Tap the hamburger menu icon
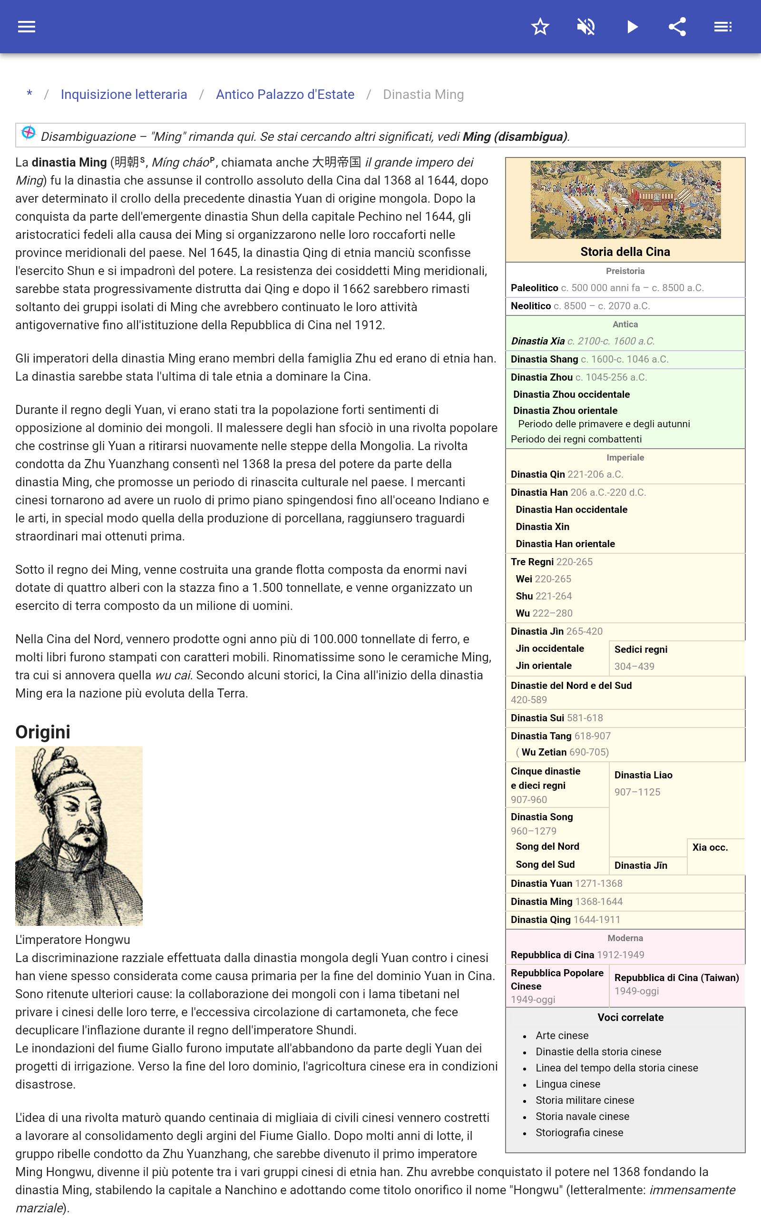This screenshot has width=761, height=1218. tap(27, 27)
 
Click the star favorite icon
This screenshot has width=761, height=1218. tap(540, 27)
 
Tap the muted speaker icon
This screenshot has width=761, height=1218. tap(586, 27)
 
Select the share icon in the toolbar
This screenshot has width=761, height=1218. tap(677, 27)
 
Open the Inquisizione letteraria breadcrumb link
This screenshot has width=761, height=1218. tap(124, 95)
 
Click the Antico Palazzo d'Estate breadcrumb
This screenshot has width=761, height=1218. tap(285, 95)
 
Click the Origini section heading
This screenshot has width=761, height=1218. tap(43, 732)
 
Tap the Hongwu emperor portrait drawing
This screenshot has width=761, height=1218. tap(79, 835)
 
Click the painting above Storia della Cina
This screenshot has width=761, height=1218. tap(625, 200)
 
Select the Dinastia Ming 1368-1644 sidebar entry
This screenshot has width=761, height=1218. tap(542, 902)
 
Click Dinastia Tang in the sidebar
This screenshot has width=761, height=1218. tap(541, 736)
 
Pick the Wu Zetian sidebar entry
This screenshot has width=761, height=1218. tap(544, 752)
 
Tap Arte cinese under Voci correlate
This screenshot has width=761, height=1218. tap(562, 1035)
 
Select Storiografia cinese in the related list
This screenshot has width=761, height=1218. tap(579, 1132)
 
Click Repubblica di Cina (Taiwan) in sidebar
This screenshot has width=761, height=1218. tap(676, 977)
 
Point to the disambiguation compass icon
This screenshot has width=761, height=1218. tap(28, 133)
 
